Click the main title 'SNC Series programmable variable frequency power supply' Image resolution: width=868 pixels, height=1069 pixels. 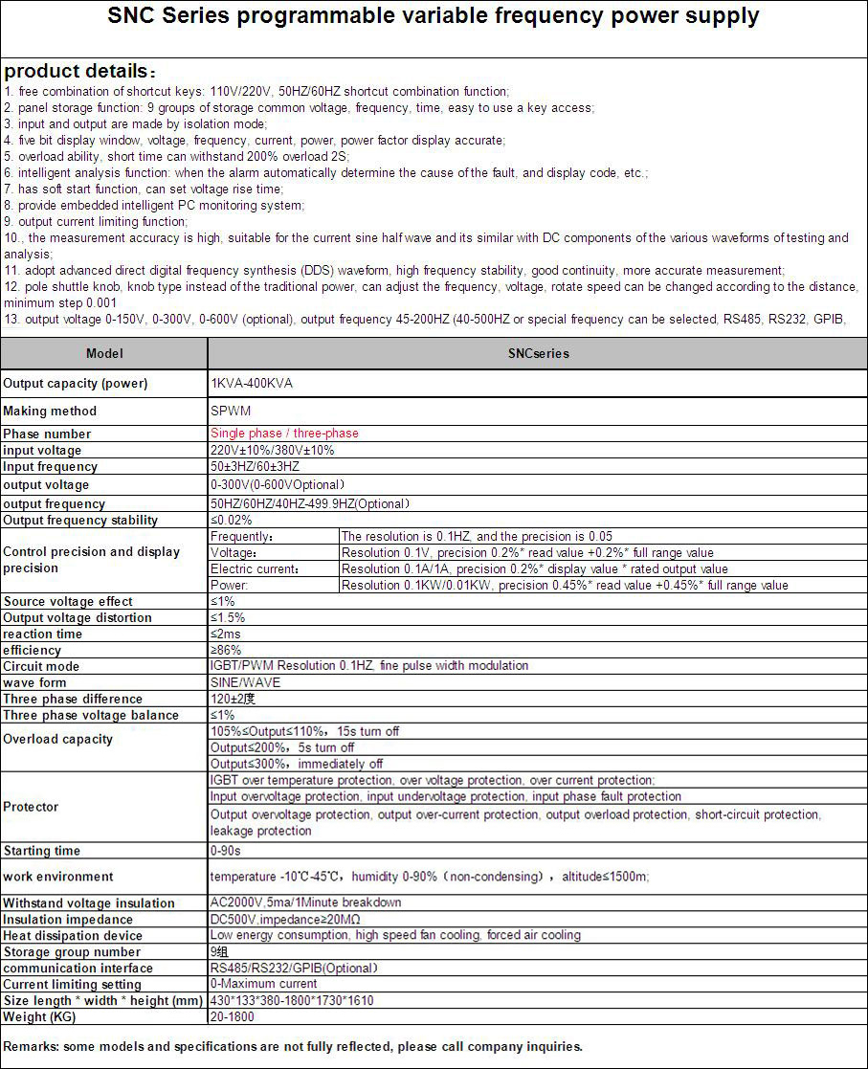coord(434,16)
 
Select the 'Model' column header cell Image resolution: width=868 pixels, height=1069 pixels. coord(104,353)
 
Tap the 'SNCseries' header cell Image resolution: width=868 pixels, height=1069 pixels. coord(538,353)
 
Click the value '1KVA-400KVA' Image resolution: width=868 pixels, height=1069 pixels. coord(252,383)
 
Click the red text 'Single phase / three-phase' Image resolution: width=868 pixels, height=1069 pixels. coord(284,434)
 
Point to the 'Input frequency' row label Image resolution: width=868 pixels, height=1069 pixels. coord(50,467)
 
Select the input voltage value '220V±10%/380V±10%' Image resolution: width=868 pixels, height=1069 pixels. coord(273,450)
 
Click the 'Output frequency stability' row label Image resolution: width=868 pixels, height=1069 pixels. coord(80,521)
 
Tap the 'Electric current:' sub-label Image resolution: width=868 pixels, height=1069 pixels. coord(255,569)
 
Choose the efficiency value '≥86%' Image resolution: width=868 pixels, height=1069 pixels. coord(226,650)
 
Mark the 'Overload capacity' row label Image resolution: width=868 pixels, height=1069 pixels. coord(57,739)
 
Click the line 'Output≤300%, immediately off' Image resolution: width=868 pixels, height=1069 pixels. coord(297,764)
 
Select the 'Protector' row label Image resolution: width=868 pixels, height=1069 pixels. coord(31,807)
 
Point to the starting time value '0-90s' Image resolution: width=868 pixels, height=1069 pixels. coord(226,851)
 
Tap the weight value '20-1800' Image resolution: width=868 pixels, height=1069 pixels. coord(233,1016)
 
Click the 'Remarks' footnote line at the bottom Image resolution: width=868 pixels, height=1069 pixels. coord(293,1046)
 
